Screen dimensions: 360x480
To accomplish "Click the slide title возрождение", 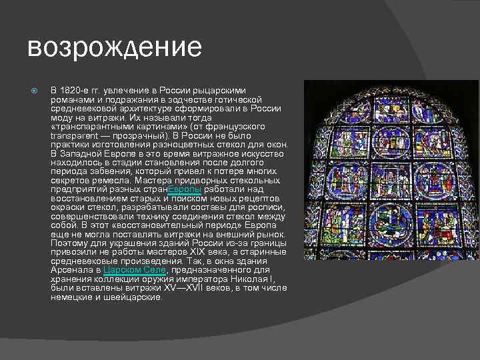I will (114, 47).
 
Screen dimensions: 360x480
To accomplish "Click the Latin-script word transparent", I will (75, 135).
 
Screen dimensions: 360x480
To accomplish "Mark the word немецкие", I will (71, 297).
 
